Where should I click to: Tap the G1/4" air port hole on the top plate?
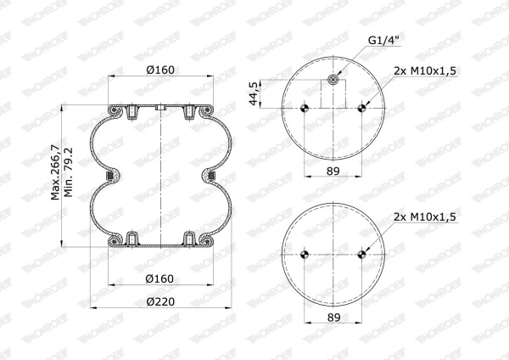(x=333, y=79)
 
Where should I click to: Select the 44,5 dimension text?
(x=254, y=93)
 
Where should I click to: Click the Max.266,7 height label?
(x=55, y=172)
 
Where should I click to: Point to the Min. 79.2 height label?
(x=69, y=172)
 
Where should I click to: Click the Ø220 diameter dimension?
(x=160, y=302)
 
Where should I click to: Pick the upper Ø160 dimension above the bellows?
(x=160, y=70)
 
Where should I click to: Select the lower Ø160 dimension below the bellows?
(x=159, y=278)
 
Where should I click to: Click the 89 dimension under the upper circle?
(x=333, y=171)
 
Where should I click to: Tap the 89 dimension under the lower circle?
(x=333, y=318)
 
